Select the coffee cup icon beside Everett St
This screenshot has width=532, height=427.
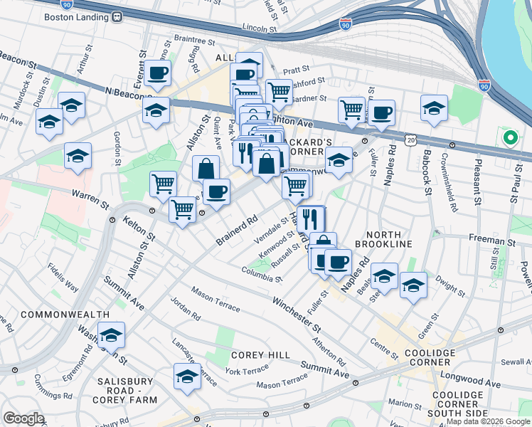point(159,72)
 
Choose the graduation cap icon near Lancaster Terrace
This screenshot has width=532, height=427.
point(187,377)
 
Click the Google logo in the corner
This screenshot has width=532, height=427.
point(23,418)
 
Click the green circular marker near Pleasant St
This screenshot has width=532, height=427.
point(509,137)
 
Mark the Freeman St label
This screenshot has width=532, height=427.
point(491,241)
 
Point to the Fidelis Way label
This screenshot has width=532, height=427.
point(63,278)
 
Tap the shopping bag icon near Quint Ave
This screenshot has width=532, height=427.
point(205,169)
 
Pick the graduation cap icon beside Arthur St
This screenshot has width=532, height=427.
point(72,107)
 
